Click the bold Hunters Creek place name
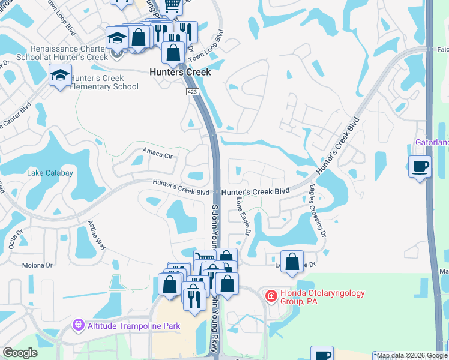click(180, 72)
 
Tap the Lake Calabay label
click(50, 173)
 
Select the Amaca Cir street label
click(158, 154)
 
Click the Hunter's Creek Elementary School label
click(104, 83)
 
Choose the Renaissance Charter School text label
click(70, 53)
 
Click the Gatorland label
click(432, 143)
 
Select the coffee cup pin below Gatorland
click(420, 166)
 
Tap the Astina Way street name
click(97, 235)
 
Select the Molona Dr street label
click(37, 265)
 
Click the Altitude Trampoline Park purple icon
click(77, 325)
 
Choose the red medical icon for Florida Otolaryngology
click(271, 295)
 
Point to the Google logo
click(20, 353)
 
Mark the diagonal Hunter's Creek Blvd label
click(339, 153)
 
